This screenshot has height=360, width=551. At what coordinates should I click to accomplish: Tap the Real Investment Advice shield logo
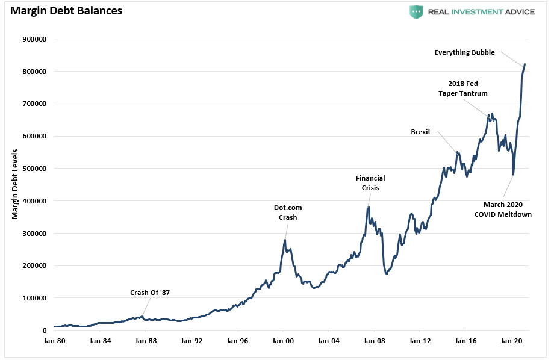coord(416,12)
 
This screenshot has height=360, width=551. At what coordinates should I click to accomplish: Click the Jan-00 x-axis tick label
coord(282,340)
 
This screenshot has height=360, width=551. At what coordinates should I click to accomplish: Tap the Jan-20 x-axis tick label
coord(511,340)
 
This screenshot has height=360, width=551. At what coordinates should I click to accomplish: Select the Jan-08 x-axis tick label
coord(374,340)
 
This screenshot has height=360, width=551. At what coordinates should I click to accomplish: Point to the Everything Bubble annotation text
coord(464,52)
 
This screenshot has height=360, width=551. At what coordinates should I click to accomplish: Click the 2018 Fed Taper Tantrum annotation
coord(462,88)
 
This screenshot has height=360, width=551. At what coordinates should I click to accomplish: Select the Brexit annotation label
coord(420,132)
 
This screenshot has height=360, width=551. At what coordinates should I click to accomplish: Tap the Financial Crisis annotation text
coord(370,183)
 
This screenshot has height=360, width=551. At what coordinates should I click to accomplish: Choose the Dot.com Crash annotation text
coord(287,213)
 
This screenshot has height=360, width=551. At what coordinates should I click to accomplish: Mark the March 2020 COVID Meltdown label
coord(503,209)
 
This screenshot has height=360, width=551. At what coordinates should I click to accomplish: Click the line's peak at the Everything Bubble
coord(525,64)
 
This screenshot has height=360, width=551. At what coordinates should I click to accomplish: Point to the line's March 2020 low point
coord(513,175)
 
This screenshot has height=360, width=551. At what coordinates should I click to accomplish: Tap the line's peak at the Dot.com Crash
coord(285,240)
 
